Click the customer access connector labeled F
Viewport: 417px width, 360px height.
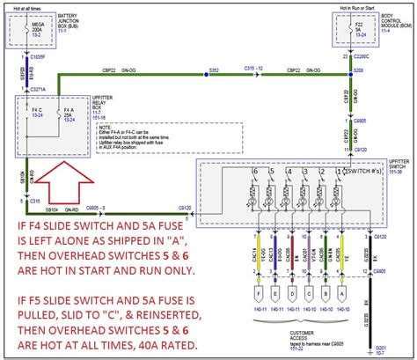click(258, 291)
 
